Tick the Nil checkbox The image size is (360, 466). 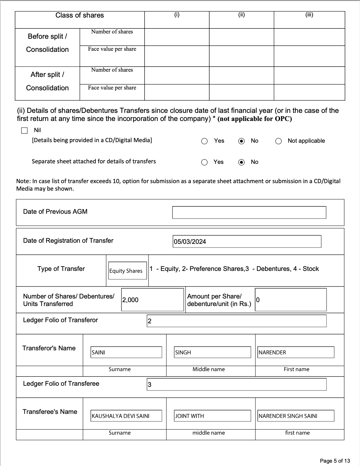(x=25, y=130)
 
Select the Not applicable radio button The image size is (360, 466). (x=278, y=141)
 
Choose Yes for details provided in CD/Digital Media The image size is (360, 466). (x=204, y=141)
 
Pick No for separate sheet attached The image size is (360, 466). (x=242, y=162)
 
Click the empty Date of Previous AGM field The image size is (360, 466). (x=249, y=212)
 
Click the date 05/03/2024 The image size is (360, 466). (x=247, y=241)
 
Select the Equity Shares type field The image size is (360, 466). (x=127, y=271)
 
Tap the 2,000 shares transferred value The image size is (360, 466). (x=152, y=300)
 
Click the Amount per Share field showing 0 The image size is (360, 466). (x=290, y=300)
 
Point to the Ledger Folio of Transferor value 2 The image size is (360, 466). (x=236, y=321)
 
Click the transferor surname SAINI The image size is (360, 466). (x=126, y=352)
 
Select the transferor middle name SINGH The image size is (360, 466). (x=212, y=352)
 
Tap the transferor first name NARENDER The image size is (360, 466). (x=296, y=352)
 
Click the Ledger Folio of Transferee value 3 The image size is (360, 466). (x=236, y=385)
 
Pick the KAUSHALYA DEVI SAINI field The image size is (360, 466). (x=126, y=416)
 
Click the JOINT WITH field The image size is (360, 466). (x=212, y=416)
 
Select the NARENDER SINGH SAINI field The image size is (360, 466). (x=296, y=416)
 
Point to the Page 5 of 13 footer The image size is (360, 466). (x=335, y=461)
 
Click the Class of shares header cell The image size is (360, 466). (x=80, y=15)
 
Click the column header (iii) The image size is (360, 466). (x=309, y=15)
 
